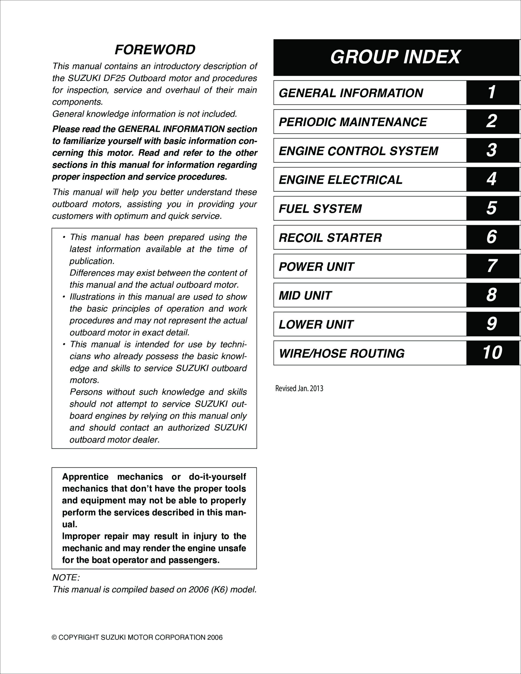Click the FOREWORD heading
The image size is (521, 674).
[x=155, y=50]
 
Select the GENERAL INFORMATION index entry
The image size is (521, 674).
[x=351, y=93]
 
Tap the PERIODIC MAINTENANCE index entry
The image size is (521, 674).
[x=353, y=122]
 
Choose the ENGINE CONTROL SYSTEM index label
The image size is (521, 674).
[x=358, y=151]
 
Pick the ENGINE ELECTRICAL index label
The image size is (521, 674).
[x=340, y=180]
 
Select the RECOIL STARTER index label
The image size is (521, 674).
[x=330, y=238]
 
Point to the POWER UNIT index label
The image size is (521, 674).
[x=316, y=267]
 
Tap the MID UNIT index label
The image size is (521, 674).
[x=305, y=296]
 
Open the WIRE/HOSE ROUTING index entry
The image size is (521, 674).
[x=341, y=354]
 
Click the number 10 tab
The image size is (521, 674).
[x=492, y=353]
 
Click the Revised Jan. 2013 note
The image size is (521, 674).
[x=299, y=389]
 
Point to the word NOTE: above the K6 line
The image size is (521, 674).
[x=66, y=578]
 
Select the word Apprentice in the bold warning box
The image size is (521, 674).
[x=85, y=477]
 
